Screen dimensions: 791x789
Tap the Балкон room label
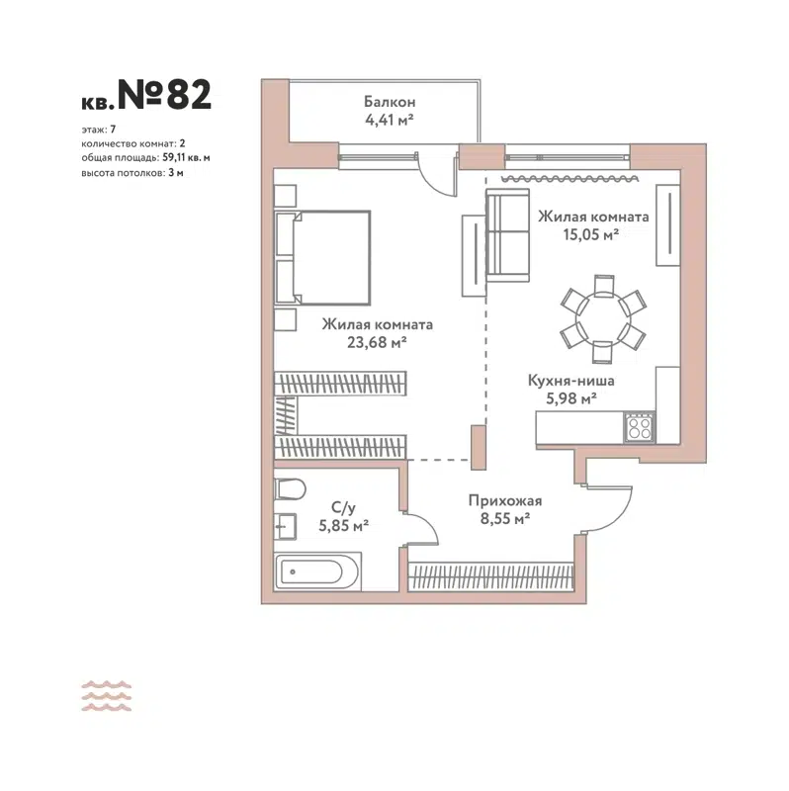point(389,102)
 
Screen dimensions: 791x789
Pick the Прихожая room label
point(504,500)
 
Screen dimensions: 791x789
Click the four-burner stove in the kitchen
point(639,428)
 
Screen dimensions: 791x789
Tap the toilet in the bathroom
point(289,487)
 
